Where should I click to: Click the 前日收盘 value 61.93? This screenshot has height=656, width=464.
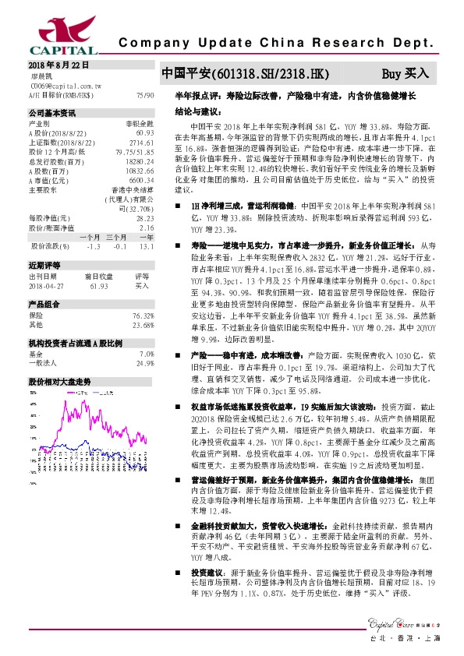(97, 285)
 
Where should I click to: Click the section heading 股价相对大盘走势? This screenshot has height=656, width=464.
(60, 382)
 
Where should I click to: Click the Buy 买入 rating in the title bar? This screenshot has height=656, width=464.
(405, 74)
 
